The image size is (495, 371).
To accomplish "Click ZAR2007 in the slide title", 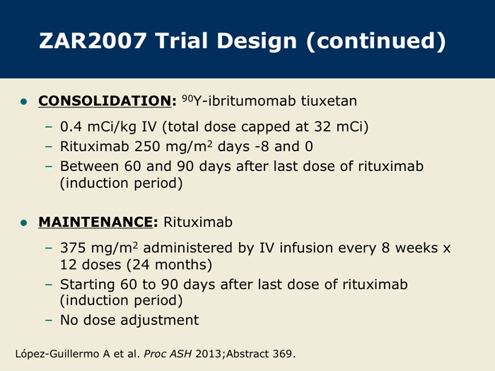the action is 93,41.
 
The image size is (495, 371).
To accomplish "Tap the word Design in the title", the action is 257,41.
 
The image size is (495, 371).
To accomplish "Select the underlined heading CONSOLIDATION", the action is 105,101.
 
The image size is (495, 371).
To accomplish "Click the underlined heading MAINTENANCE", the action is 95,222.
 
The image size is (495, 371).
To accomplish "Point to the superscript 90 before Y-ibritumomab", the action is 187,98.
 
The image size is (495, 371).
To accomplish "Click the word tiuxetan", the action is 329,101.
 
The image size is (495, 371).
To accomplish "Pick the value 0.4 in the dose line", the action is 71,126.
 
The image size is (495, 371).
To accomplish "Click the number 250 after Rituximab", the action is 146,146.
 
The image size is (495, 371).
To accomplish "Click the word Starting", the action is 88,285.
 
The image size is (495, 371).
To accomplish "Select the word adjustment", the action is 160,320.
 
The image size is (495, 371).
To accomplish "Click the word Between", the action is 89,166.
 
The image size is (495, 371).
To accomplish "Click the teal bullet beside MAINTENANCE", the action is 23,223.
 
